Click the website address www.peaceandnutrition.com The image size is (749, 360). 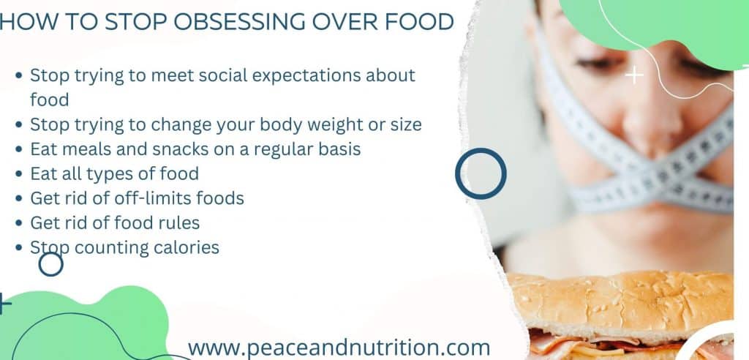(x=339, y=347)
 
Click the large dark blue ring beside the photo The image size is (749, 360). (x=481, y=173)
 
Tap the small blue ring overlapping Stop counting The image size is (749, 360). (x=50, y=263)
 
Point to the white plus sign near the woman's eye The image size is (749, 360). (x=633, y=75)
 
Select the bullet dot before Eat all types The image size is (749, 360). (x=19, y=174)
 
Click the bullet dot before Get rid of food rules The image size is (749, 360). (x=19, y=223)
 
